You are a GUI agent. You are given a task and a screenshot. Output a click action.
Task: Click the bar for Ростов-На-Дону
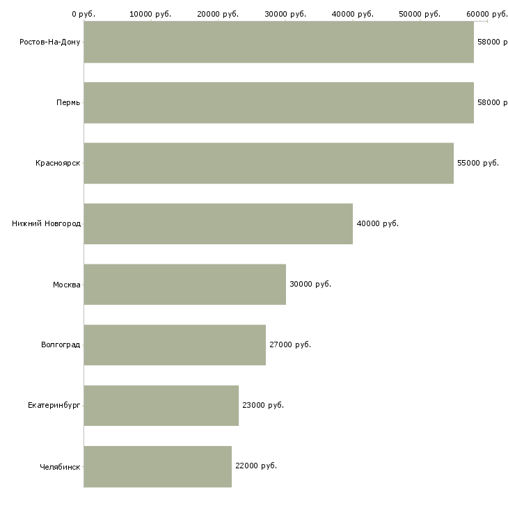click(278, 42)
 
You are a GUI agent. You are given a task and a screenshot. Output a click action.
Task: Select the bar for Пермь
click(278, 102)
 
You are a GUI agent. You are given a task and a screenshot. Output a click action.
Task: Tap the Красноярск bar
click(269, 163)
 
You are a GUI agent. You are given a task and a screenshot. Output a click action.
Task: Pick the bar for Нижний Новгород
click(218, 223)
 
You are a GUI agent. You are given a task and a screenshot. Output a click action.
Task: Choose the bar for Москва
click(184, 284)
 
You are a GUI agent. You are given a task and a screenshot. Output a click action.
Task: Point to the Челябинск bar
click(157, 466)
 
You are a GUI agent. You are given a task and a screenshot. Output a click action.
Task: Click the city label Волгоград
click(61, 344)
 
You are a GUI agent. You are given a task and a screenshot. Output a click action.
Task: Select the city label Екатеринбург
click(54, 405)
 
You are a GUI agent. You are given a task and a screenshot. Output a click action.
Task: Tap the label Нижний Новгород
click(46, 223)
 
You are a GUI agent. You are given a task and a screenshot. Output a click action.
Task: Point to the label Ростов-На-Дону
click(50, 42)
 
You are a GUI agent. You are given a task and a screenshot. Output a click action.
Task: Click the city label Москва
click(67, 284)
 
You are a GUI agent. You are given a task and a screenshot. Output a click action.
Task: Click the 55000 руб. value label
click(478, 163)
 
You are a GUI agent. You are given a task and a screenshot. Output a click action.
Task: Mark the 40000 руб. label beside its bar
click(377, 223)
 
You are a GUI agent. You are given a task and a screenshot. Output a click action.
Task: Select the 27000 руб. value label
click(290, 344)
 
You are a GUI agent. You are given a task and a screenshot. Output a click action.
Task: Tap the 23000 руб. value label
click(263, 405)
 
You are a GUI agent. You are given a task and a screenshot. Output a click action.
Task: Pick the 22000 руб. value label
click(256, 466)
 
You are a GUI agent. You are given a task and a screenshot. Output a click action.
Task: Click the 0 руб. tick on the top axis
click(84, 14)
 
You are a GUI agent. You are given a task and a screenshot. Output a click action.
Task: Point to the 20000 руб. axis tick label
click(218, 14)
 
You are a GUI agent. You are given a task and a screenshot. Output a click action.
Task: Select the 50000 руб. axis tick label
click(420, 14)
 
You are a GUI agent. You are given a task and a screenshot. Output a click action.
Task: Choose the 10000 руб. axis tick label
click(150, 14)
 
